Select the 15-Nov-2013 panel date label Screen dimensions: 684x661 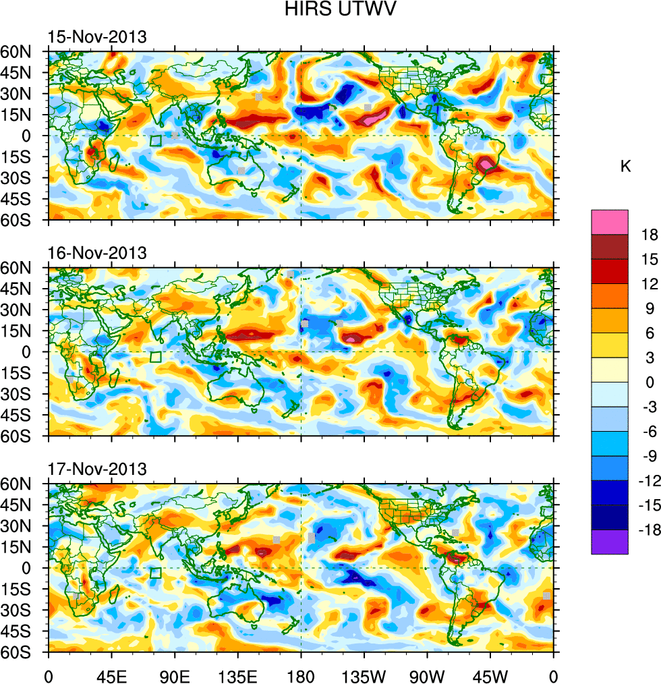[97, 37]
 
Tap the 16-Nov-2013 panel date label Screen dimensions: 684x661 [97, 254]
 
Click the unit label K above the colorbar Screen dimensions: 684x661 [625, 166]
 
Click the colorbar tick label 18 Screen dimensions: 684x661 [650, 234]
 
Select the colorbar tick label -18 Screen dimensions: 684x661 [647, 530]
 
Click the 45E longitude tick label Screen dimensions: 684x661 [111, 675]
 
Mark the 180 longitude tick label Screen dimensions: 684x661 [301, 675]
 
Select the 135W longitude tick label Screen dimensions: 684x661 [364, 675]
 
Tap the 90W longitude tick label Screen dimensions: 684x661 [427, 675]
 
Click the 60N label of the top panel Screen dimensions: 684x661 [23, 51]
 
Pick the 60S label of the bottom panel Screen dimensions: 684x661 [23, 653]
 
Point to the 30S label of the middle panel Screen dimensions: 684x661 [23, 394]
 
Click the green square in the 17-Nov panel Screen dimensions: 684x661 [155, 573]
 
